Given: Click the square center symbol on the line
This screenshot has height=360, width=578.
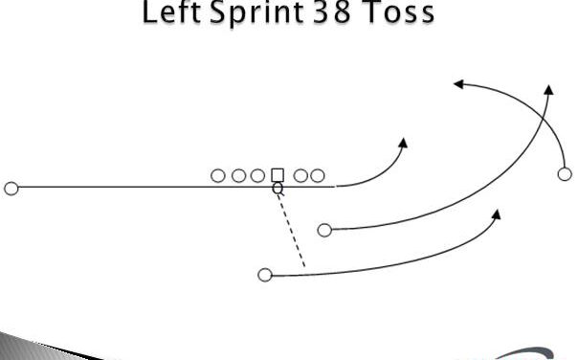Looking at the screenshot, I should pos(278,175).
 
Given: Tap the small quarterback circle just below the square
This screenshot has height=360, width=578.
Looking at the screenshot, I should pos(278,189).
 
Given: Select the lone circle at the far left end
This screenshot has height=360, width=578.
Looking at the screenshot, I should pos(11,188).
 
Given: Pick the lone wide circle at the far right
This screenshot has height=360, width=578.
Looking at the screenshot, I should pos(565,173).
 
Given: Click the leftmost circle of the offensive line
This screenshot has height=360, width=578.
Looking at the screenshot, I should pos(218,175).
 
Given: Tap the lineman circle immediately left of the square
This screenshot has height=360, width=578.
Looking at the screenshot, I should pos(258,175).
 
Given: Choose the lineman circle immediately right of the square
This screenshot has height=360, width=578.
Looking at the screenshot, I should pos(300,175).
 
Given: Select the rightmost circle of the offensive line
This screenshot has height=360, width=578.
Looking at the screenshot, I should pos(318,175).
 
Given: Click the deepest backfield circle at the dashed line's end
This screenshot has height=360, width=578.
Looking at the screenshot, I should pos(265,275).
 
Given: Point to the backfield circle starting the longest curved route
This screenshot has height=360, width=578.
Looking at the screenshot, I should pos(324,230).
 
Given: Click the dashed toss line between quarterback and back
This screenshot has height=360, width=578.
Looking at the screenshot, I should pos(291,230).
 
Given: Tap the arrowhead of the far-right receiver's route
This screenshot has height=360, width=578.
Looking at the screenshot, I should pos(458,84).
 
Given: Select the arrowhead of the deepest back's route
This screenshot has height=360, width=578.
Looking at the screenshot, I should pos(497,212).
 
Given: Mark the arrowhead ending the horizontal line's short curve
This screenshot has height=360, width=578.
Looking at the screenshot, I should pos(403,144).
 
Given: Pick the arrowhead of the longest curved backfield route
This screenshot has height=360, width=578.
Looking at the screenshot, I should pos(549,88).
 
